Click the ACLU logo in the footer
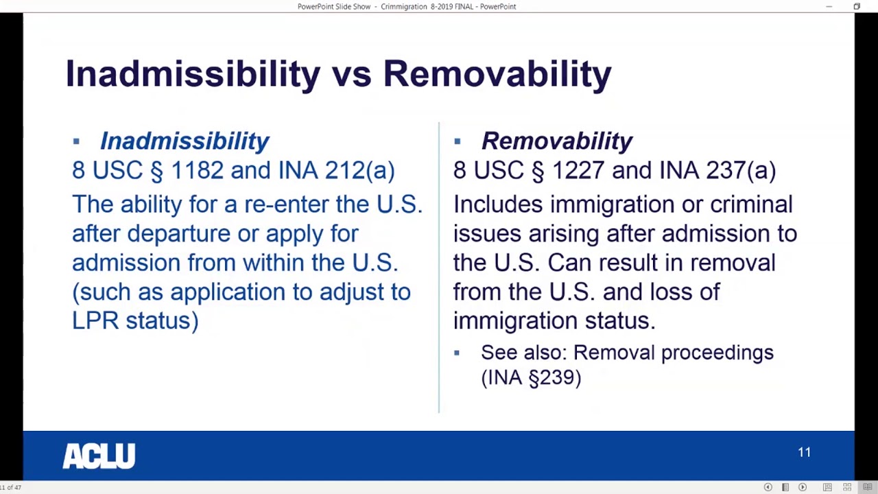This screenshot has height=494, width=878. [x=99, y=456]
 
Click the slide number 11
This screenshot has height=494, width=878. [x=804, y=452]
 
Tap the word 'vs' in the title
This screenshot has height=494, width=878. [x=351, y=74]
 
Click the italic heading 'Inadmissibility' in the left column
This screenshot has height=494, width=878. [x=185, y=141]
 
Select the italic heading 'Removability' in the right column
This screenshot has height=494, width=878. [x=556, y=141]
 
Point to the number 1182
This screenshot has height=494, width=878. [x=197, y=170]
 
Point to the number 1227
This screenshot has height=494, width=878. [x=578, y=170]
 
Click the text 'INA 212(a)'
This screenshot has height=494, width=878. [x=336, y=170]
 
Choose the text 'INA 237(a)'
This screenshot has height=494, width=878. [x=717, y=170]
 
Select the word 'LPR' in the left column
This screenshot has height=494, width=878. [x=95, y=320]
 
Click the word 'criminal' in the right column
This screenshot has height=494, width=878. [x=751, y=204]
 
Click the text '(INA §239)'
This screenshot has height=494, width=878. [x=531, y=377]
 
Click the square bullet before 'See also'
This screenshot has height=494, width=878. [x=457, y=353]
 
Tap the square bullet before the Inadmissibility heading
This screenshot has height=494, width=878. [x=76, y=141]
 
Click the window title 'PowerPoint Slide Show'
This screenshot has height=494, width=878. [x=334, y=6]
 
